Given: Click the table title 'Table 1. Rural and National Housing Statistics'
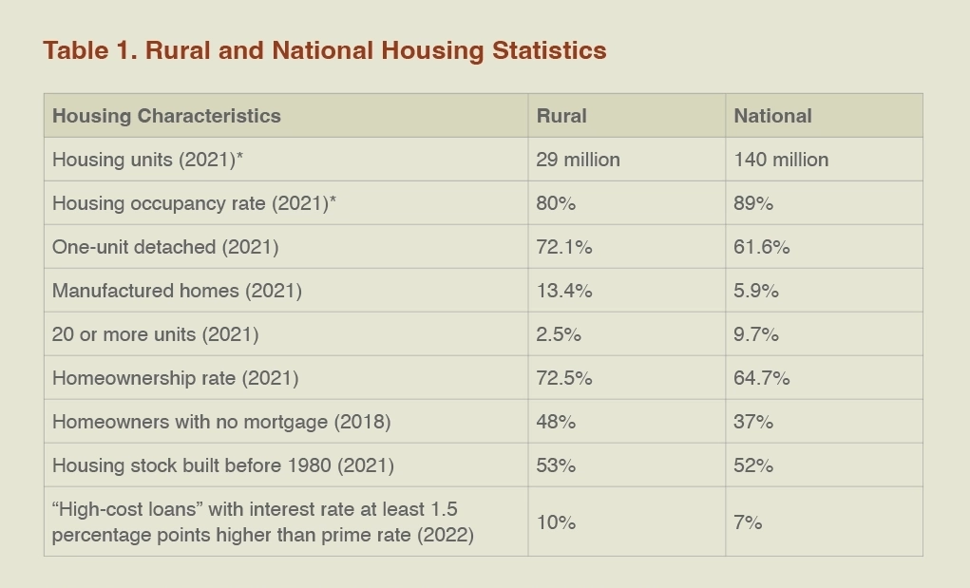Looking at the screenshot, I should point(324,50).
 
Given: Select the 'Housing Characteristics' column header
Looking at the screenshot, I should point(166,116).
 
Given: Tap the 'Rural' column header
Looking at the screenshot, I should point(561,116).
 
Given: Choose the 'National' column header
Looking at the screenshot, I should point(772,116).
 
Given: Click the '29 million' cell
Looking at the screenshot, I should point(578,160).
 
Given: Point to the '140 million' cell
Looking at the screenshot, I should point(781,160).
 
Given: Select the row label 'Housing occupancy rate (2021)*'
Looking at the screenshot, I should point(194,203).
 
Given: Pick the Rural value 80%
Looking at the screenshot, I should point(556,203).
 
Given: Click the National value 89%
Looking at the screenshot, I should point(753,203).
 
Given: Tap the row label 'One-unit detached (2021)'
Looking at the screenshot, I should point(165,247).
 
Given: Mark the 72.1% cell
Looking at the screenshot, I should point(564,247).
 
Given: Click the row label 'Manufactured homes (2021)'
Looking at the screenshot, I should point(177,291).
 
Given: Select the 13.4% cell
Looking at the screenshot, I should point(564,291).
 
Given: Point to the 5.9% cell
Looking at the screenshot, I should point(756,291).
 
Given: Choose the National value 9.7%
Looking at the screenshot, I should point(756,334).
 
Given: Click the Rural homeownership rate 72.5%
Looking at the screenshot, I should point(564,378).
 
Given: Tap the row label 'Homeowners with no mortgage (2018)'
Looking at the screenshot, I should point(221,422).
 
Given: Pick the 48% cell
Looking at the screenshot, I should point(556,422).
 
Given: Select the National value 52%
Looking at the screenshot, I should point(753,465).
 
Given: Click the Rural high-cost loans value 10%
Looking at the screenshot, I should point(556,522).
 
